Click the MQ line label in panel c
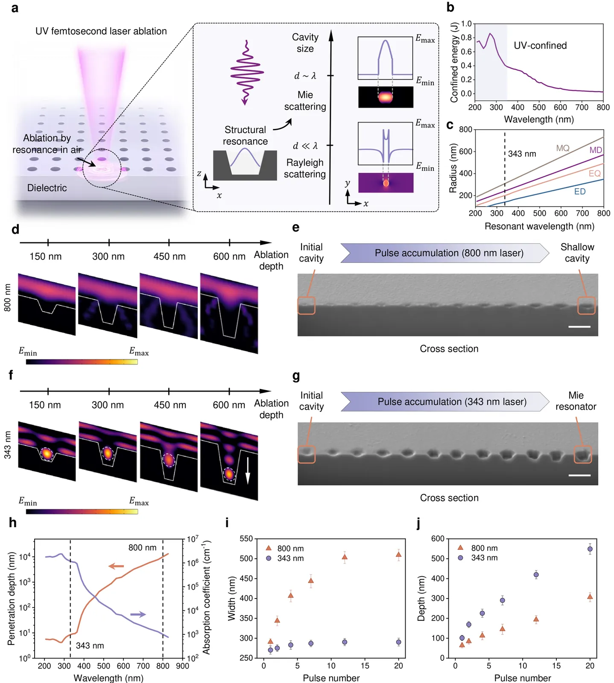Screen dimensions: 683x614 click(x=562, y=148)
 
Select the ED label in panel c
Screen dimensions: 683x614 click(x=579, y=192)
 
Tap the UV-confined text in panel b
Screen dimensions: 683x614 click(x=540, y=46)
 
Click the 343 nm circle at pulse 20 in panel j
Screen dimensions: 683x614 click(x=590, y=549)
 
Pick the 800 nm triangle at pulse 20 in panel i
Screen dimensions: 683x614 click(x=398, y=555)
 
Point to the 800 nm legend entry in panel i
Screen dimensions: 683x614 click(x=284, y=548)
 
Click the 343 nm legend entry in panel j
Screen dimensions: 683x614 click(x=478, y=558)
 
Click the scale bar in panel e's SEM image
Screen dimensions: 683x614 click(x=579, y=327)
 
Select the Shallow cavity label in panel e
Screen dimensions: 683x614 click(x=577, y=253)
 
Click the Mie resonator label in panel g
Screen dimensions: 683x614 click(x=576, y=401)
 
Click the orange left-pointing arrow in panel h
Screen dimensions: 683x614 click(x=116, y=566)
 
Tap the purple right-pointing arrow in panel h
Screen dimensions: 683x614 click(x=138, y=614)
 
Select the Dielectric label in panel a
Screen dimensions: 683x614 click(x=47, y=188)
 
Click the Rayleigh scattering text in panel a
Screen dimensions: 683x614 click(x=304, y=168)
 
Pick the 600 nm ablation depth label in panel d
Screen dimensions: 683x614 click(x=229, y=257)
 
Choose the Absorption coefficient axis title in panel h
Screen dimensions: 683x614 click(x=207, y=598)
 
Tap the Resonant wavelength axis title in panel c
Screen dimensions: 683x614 click(x=539, y=226)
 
